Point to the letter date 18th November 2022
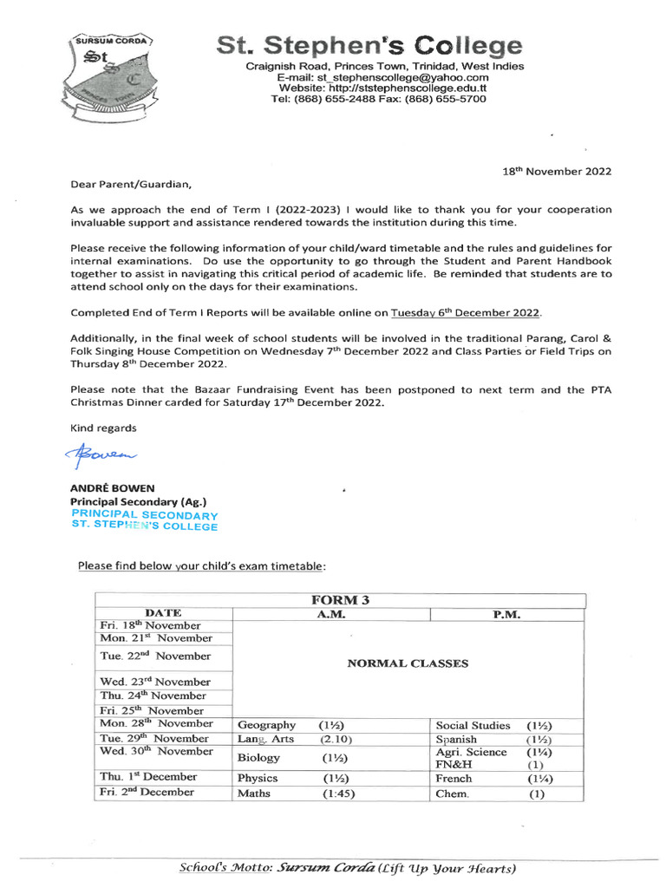[557, 172]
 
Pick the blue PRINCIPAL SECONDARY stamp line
[144, 514]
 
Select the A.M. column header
[331, 614]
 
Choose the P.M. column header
[507, 614]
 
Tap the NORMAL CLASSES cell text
[408, 663]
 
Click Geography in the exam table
[266, 725]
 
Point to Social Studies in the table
[473, 725]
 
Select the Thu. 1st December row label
[148, 777]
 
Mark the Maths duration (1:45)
[338, 793]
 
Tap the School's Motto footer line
[347, 868]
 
